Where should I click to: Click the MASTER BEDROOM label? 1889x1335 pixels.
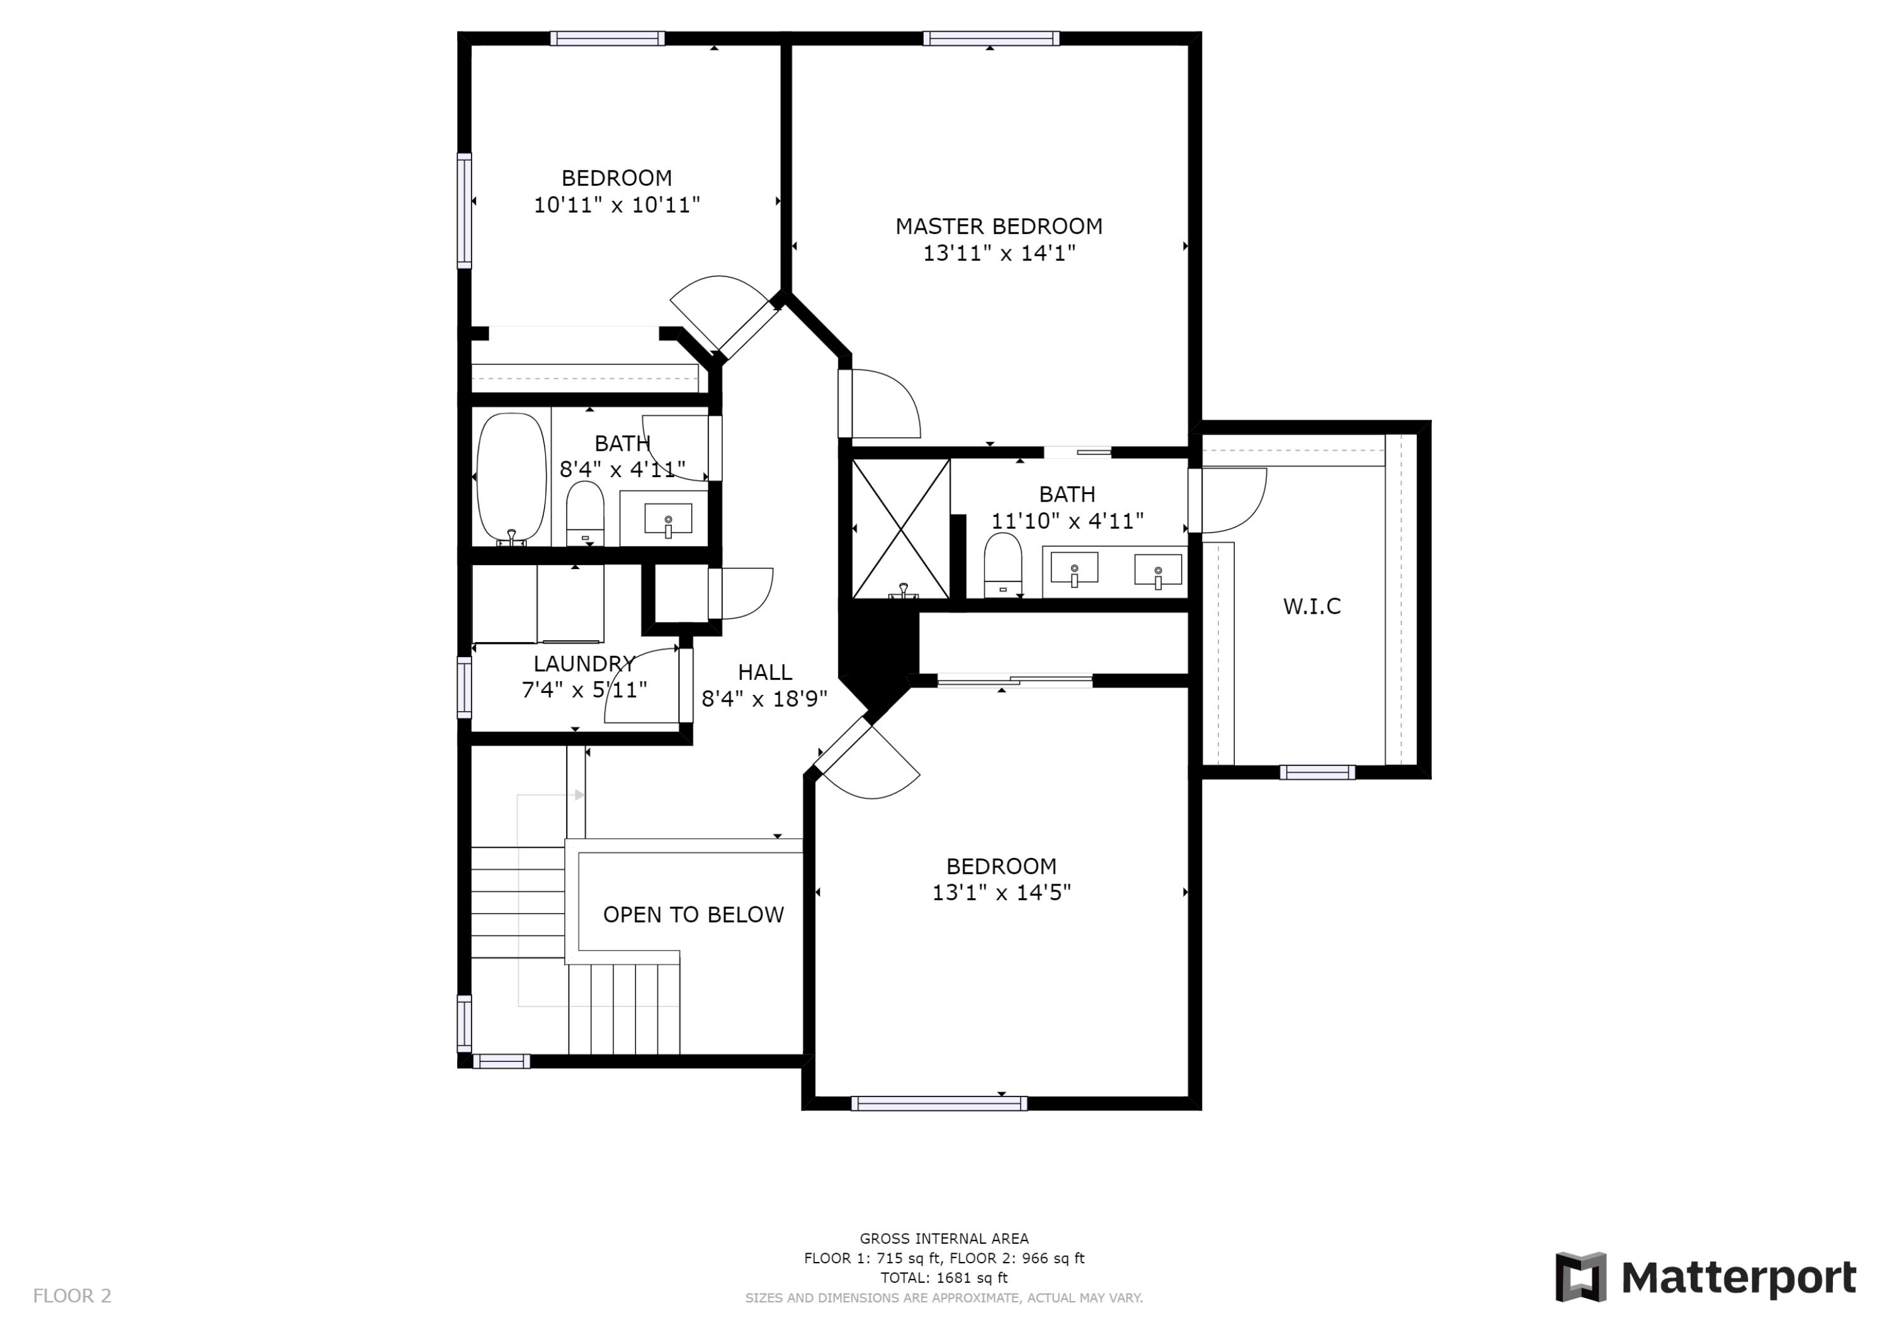998,226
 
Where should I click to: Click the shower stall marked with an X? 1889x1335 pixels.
901,529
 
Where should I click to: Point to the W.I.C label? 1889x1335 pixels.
1312,606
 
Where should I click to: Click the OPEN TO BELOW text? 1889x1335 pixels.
693,915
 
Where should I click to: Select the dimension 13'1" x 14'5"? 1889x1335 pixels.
1001,893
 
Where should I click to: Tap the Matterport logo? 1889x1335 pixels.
1706,1278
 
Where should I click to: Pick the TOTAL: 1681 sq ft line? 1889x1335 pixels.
944,1278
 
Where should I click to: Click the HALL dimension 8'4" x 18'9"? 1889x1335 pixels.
764,699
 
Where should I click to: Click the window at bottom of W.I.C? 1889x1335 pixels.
1317,772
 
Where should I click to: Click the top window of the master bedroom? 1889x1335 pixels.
990,38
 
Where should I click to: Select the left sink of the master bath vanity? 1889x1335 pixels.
1074,568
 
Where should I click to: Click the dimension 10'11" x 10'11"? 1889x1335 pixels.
616,205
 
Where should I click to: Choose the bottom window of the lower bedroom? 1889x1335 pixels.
939,1103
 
